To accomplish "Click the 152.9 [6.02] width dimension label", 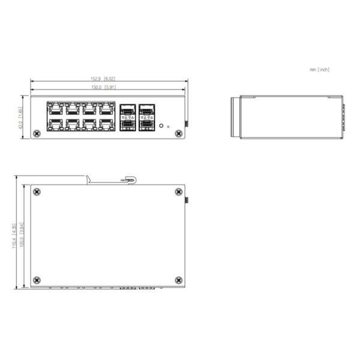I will tap(103, 79).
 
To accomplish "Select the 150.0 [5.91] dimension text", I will tap(103, 88).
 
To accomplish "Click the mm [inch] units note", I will tap(320, 70).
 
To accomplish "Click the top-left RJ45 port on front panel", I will tap(55, 109).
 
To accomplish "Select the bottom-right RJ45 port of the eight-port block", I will tap(107, 124).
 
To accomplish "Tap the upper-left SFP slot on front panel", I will tap(127, 110).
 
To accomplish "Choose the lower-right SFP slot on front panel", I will tap(146, 125).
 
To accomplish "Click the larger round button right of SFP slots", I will tap(161, 125).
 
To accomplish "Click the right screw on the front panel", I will tap(178, 133).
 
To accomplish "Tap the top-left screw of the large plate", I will tap(37, 192).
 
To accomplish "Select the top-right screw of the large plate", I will tap(178, 192).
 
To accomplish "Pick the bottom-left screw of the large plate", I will tap(37, 280).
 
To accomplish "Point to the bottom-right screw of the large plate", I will tap(178, 280).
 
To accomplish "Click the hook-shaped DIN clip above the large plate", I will tap(127, 179).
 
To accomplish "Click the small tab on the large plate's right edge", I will tap(185, 200).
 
